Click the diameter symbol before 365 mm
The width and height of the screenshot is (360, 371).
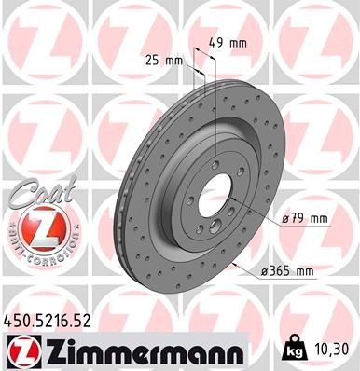tap(265, 271)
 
